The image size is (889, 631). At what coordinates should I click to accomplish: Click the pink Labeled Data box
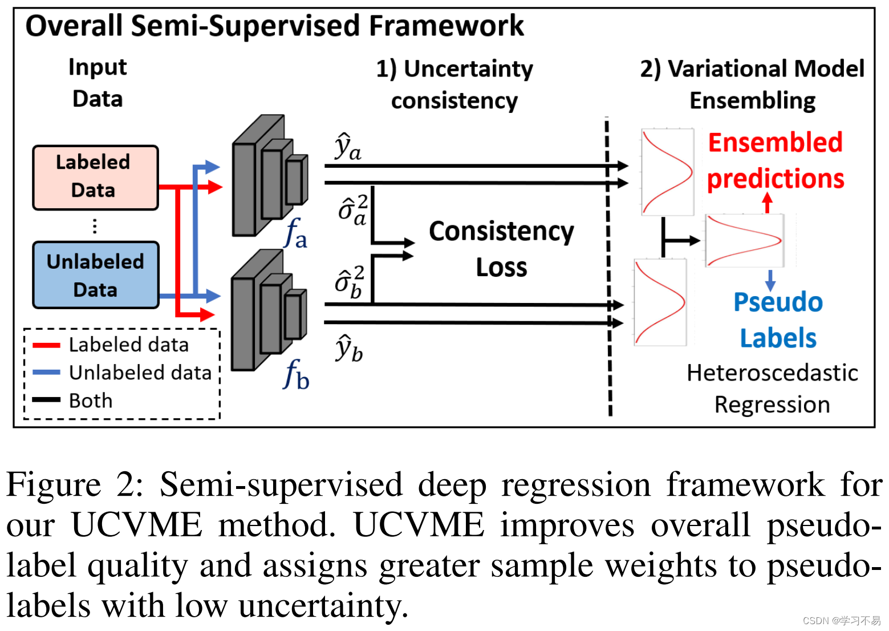coord(95,177)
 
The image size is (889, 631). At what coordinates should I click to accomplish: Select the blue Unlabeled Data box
coord(95,276)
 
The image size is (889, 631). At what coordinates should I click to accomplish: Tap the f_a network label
coord(295,234)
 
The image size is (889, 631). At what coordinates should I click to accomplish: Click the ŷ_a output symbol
coord(347,147)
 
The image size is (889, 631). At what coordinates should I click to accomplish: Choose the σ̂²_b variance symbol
coord(350,282)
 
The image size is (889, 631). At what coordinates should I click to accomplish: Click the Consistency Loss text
coord(501,249)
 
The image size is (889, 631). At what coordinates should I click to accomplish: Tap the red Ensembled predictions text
coord(775,160)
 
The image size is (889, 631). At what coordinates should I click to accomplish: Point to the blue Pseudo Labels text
coord(778,320)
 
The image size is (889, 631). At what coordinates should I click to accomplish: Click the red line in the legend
coord(46,345)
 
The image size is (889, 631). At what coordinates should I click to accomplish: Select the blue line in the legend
coord(46,373)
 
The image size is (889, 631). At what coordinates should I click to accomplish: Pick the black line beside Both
coord(46,400)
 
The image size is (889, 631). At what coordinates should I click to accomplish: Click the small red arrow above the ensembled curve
coord(768,202)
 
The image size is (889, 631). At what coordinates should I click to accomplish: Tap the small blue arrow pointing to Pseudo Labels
coord(770,280)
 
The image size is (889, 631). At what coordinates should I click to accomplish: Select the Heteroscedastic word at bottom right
coord(772,373)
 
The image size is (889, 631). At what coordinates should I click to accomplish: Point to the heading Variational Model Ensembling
coord(752,84)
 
